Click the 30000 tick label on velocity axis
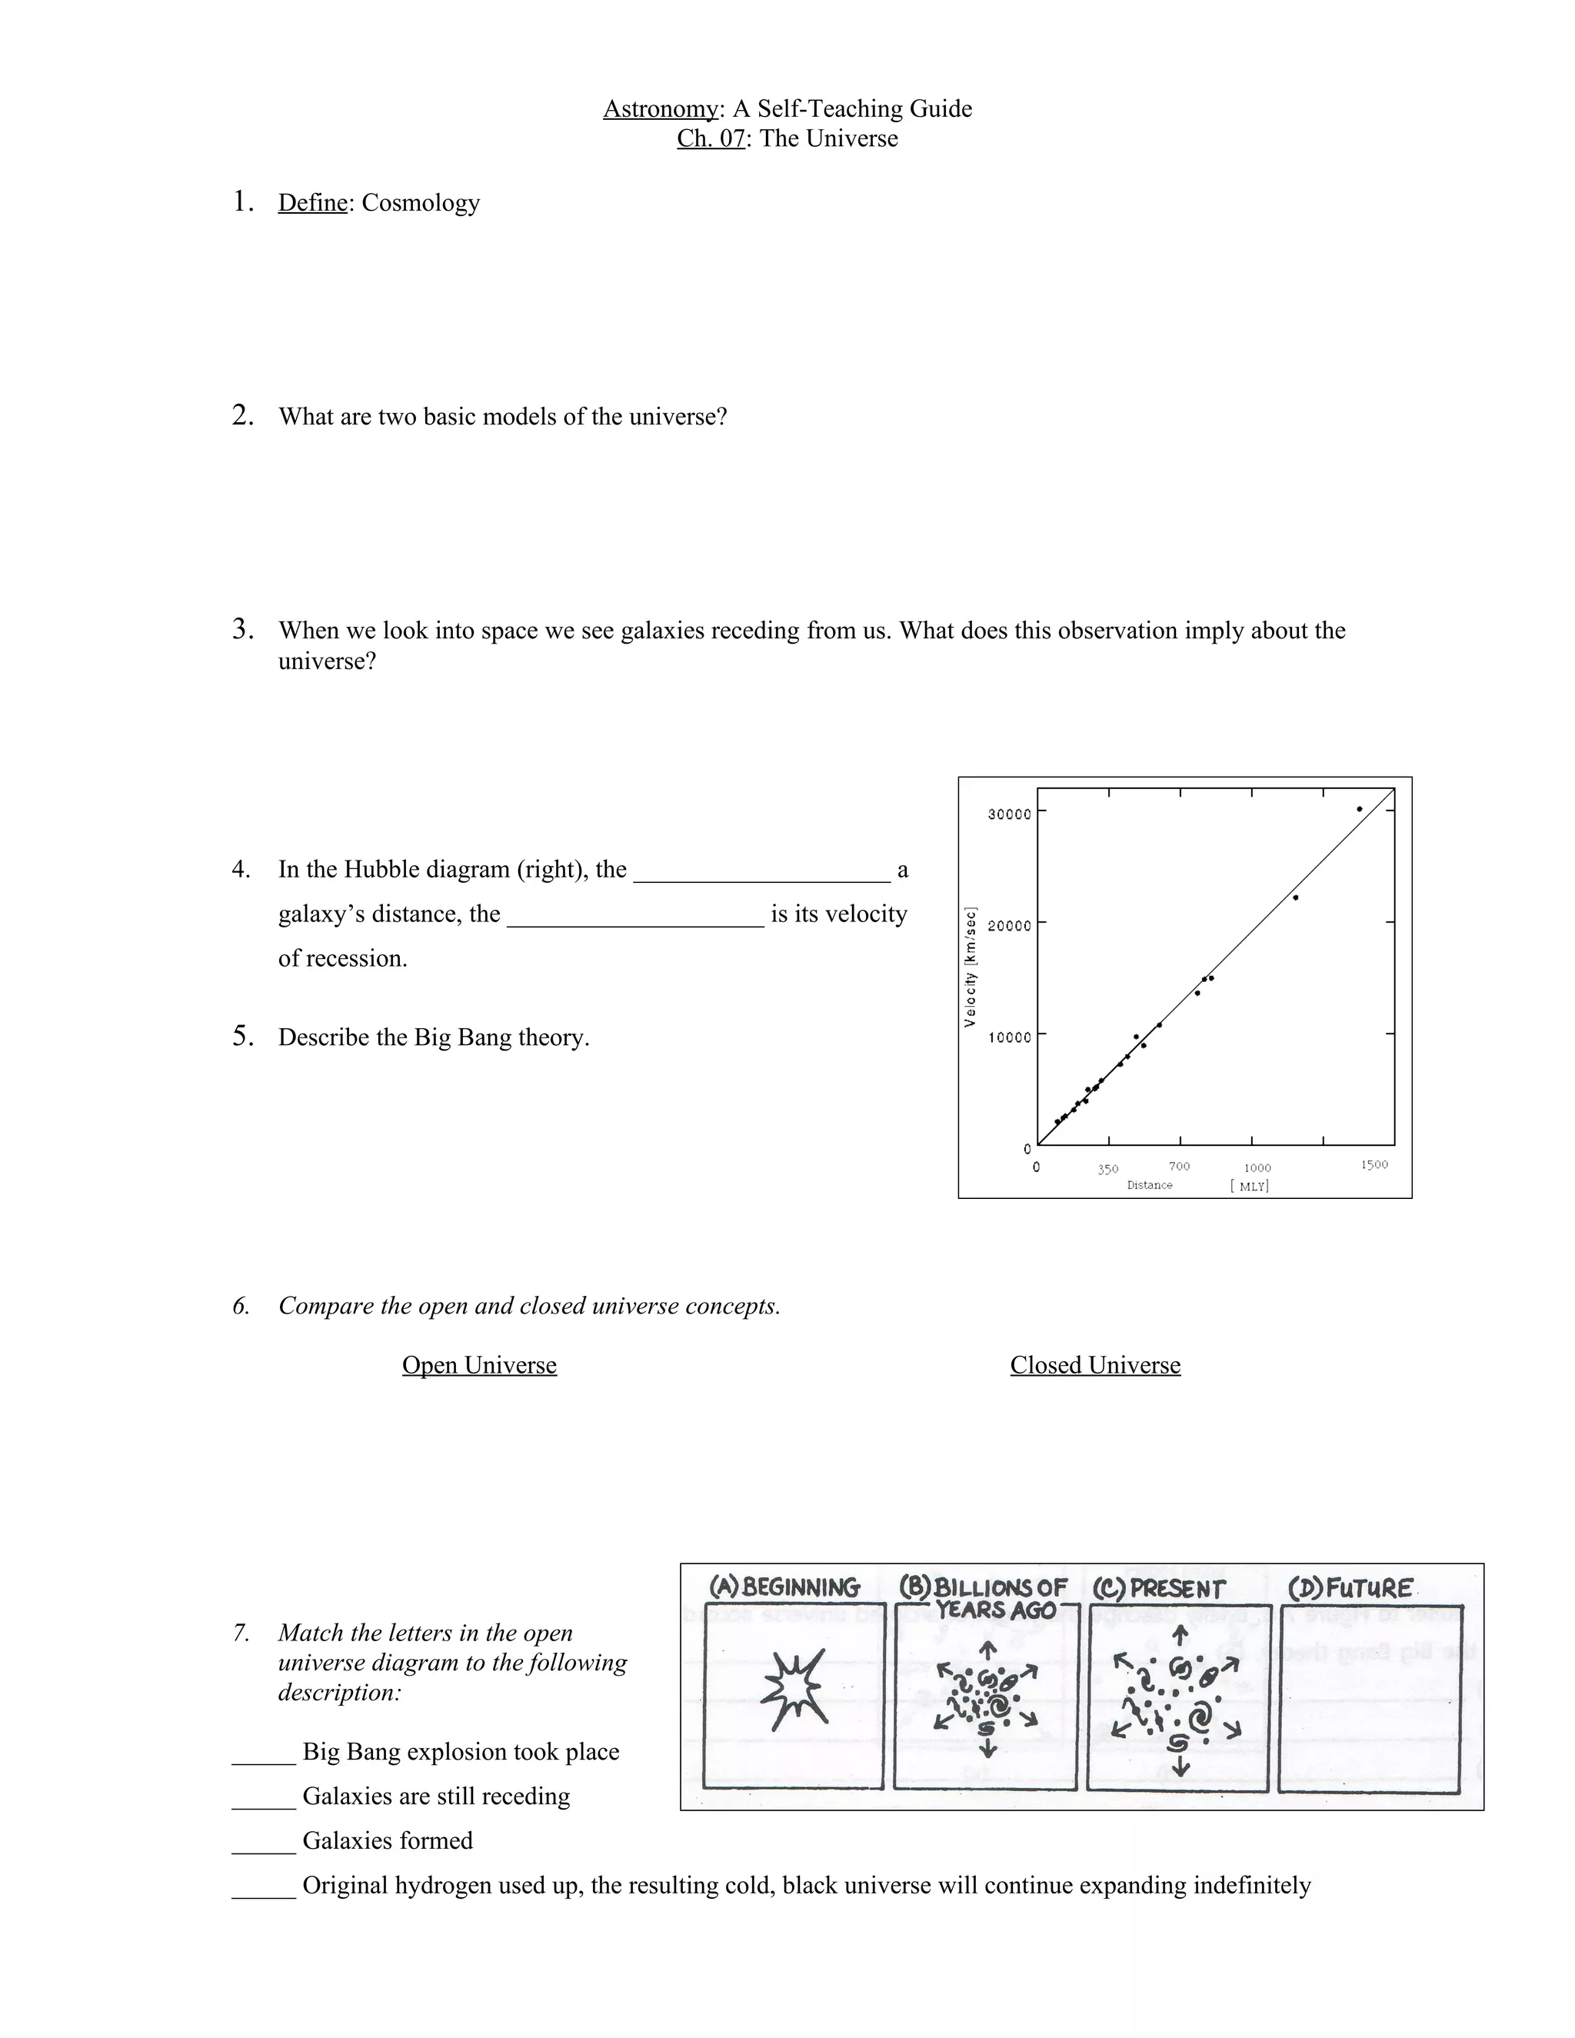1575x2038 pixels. (1009, 814)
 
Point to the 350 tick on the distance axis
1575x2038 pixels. (1107, 1169)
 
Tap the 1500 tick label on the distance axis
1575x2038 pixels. (1374, 1164)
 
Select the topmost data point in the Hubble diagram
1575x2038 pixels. (1360, 809)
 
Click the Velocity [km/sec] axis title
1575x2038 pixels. (971, 967)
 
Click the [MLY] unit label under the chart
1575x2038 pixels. (1250, 1186)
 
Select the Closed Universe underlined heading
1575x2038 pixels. (1094, 1365)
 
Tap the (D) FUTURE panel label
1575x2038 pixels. (1350, 1587)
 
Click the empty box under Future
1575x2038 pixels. (1370, 1698)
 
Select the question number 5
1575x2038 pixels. (241, 1036)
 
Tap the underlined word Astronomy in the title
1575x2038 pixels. (661, 109)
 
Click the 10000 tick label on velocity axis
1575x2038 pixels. (1009, 1037)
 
